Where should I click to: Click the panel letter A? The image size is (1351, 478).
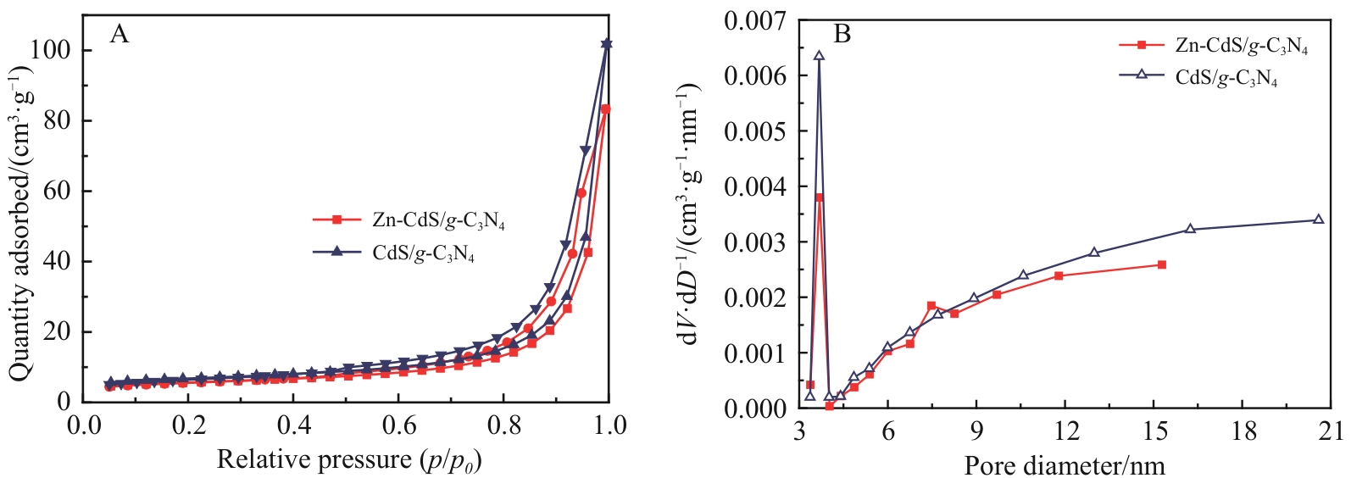click(x=120, y=34)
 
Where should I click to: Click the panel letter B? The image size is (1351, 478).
click(x=842, y=34)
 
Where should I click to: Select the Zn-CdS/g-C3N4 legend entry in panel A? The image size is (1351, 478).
click(x=409, y=220)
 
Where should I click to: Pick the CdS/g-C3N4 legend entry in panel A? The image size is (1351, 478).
click(x=393, y=253)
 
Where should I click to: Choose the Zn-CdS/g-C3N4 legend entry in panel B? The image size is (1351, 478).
click(x=1213, y=46)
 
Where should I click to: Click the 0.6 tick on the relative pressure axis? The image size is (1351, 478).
click(x=398, y=425)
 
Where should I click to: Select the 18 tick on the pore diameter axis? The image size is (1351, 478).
click(x=1243, y=431)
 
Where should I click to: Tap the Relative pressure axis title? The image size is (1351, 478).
click(x=348, y=460)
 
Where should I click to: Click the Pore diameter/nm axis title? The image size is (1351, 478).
click(x=1064, y=465)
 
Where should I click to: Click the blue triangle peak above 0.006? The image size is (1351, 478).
click(x=819, y=56)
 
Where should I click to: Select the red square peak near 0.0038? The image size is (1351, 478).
click(x=819, y=197)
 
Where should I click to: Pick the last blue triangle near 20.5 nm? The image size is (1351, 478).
click(x=1318, y=220)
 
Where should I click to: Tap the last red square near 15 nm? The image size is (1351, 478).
click(x=1161, y=265)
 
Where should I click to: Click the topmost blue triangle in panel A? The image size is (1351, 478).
click(x=606, y=44)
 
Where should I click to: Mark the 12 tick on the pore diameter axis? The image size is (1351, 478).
click(x=1065, y=431)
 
